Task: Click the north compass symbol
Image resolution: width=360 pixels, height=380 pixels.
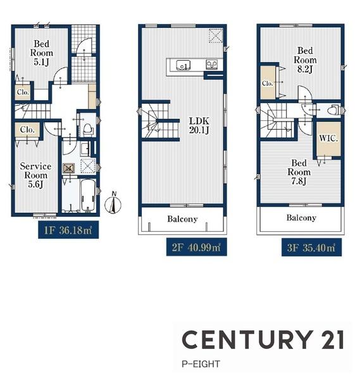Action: [x=113, y=203]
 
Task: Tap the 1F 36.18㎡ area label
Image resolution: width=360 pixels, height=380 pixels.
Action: [x=68, y=230]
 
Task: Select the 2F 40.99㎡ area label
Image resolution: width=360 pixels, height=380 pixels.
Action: [x=196, y=247]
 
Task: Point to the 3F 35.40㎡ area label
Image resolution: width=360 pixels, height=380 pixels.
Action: [x=311, y=248]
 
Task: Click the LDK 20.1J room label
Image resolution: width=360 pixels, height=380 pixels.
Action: [x=199, y=125]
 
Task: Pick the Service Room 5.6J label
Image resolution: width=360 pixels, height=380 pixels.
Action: [x=35, y=175]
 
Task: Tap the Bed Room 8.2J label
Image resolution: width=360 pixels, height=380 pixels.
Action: [x=305, y=60]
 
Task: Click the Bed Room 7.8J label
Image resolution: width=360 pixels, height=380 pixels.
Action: [x=299, y=172]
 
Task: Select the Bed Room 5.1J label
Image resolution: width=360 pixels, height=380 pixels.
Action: [x=41, y=53]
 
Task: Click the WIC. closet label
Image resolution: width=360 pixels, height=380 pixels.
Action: [x=328, y=138]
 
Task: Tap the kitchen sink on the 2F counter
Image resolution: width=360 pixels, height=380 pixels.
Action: [x=183, y=65]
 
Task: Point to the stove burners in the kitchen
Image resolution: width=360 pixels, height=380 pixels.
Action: [x=212, y=65]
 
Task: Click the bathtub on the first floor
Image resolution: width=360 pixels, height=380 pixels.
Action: [x=88, y=195]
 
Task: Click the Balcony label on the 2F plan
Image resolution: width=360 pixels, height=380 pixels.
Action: [x=182, y=219]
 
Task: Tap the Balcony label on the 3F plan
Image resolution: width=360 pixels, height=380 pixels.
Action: [x=301, y=218]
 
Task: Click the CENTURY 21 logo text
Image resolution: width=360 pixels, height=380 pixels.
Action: [x=263, y=339]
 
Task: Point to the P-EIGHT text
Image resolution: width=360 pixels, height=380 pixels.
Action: [x=201, y=364]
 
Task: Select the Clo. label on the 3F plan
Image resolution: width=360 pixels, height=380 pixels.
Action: [x=267, y=84]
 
